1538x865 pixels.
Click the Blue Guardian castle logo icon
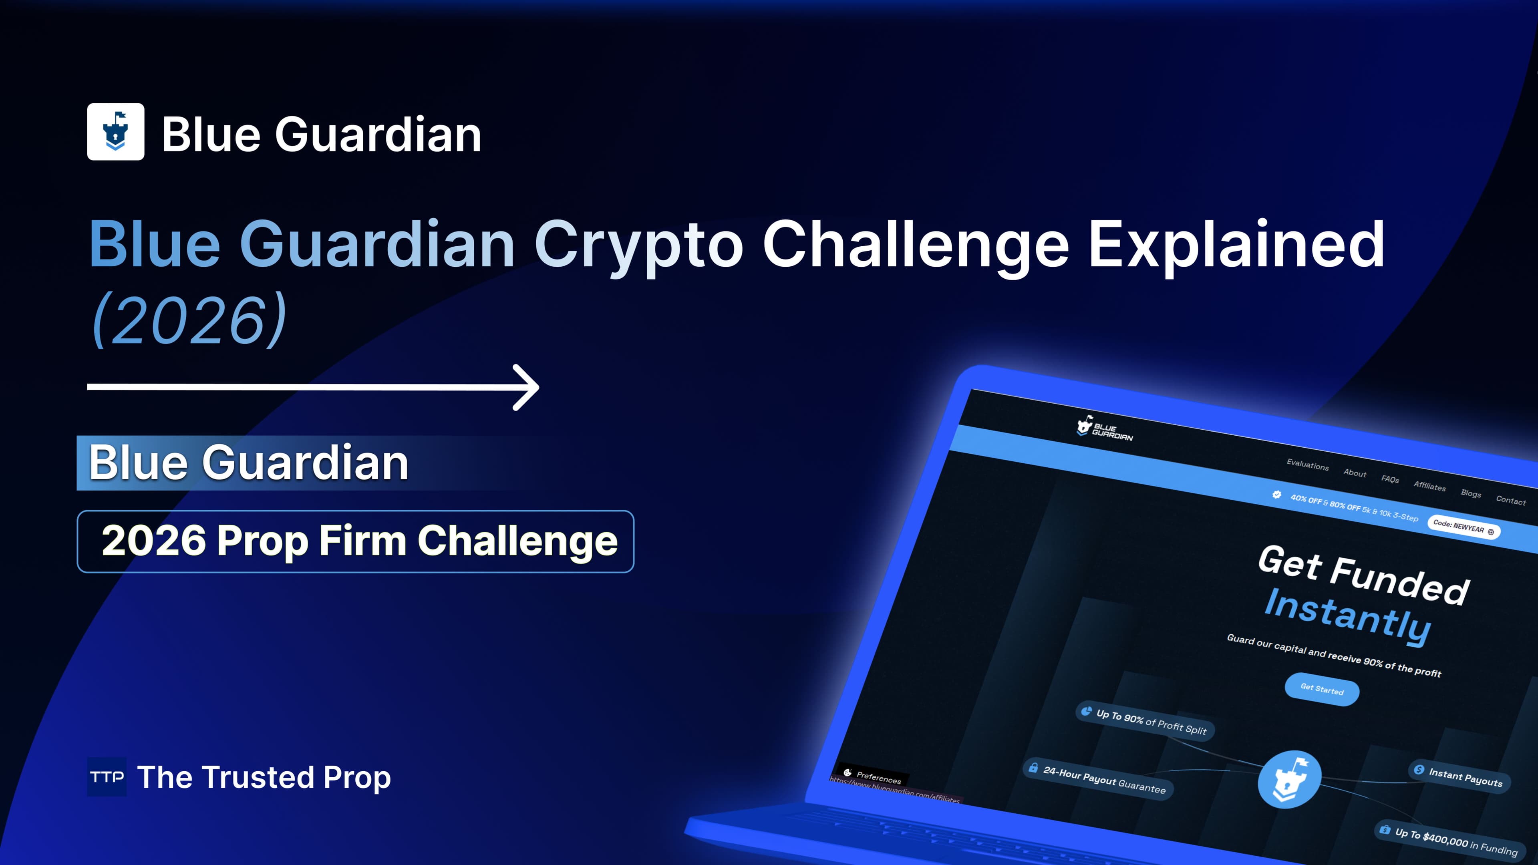click(x=115, y=131)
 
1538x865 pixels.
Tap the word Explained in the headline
click(x=1236, y=245)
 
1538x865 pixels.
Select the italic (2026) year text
click(x=190, y=320)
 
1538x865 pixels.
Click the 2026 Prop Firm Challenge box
click(x=355, y=541)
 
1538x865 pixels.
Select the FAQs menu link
click(x=1390, y=479)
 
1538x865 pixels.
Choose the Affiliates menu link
click(x=1429, y=486)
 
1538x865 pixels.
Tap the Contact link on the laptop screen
click(x=1510, y=500)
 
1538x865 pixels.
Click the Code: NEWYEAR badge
click(x=1463, y=527)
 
